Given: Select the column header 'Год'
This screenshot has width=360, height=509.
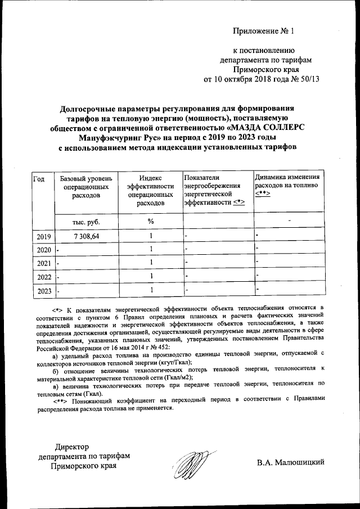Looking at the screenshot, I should [x=39, y=179].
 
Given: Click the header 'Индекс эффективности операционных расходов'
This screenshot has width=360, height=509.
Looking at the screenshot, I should [x=150, y=191].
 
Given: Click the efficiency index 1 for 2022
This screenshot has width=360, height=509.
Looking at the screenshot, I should [x=151, y=276].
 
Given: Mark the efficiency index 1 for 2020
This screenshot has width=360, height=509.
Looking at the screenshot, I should [x=151, y=249].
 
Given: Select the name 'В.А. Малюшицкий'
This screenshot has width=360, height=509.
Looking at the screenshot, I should [x=291, y=462].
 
